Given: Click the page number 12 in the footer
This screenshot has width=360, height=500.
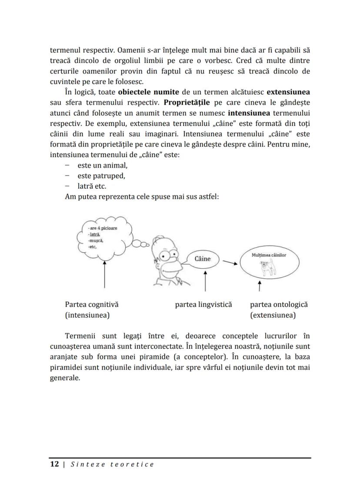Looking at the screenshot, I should point(54,464).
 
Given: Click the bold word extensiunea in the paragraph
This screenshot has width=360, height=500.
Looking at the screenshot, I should point(288,92).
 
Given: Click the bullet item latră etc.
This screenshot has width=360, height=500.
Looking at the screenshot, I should point(91,186).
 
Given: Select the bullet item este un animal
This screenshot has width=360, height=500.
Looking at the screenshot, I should point(102,166).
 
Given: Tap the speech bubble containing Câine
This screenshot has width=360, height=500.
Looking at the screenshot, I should point(202,259).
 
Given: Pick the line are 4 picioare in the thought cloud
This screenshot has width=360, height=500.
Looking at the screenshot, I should point(102,228).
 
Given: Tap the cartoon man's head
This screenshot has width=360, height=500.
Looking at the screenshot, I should point(166,257).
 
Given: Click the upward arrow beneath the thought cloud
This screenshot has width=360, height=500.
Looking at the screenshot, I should point(105,274).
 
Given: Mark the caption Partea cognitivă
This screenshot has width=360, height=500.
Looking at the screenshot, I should point(91,305).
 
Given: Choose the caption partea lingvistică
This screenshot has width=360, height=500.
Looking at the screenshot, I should point(203,305).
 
